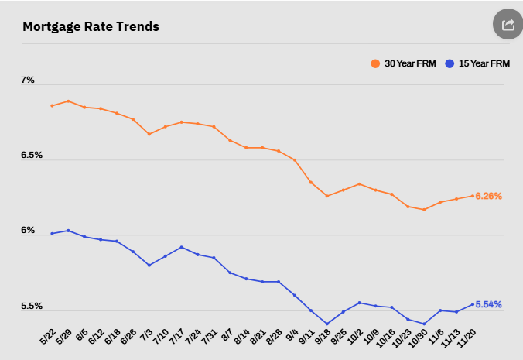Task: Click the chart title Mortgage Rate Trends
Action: pos(91,27)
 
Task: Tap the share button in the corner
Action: pos(508,25)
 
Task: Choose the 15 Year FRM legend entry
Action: pos(478,63)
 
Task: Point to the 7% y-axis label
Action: pos(28,80)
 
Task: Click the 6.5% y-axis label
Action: pos(32,156)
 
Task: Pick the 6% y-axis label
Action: pos(28,231)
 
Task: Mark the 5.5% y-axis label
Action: pos(32,306)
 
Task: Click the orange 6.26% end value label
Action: pos(489,196)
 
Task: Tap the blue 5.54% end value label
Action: pos(489,304)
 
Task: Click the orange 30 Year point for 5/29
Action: pos(68,101)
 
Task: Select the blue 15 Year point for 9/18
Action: pos(327,324)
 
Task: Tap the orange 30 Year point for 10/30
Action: pos(424,210)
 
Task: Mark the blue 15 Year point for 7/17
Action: pos(181,247)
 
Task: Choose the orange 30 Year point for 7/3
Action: pos(149,134)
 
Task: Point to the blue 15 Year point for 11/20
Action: pos(473,303)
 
